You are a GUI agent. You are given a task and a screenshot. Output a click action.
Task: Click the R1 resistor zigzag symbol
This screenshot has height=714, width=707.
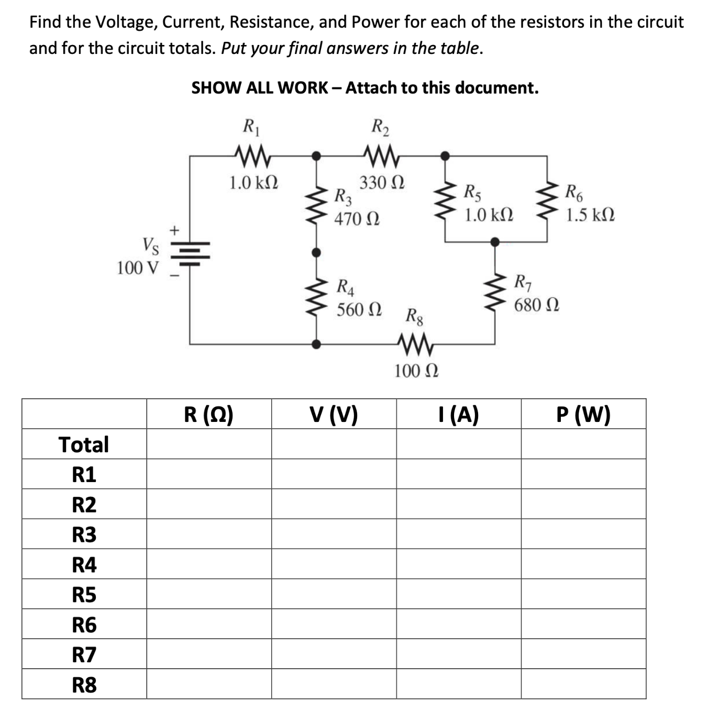253,155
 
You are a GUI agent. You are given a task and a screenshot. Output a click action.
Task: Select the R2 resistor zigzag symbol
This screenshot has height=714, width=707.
381,155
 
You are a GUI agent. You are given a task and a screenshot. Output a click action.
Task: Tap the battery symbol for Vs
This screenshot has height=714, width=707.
191,253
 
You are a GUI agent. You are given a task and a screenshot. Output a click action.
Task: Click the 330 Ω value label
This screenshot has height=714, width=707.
382,183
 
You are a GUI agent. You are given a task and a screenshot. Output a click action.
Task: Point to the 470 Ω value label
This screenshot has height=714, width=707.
357,218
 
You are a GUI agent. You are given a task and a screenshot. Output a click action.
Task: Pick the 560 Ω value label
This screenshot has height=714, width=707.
359,309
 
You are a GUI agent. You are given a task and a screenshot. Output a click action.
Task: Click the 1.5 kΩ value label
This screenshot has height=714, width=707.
590,215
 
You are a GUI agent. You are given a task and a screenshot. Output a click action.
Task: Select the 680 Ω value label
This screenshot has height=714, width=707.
536,305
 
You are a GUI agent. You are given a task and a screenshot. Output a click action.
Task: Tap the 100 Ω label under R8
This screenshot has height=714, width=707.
416,371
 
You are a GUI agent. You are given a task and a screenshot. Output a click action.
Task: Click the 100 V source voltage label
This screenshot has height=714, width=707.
137,268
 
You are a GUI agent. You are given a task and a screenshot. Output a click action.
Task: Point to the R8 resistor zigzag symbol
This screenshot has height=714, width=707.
416,344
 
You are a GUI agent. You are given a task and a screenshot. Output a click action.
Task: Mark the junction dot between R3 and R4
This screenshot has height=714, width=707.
316,252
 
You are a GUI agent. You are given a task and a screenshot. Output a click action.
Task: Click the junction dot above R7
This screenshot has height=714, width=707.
495,242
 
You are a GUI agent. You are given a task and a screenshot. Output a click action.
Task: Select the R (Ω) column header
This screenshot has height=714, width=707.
208,415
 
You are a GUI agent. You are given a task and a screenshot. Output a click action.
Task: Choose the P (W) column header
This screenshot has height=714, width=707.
583,415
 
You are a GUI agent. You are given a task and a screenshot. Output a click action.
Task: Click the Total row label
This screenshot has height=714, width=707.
84,444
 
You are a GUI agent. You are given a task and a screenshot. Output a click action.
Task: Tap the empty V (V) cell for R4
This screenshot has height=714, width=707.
334,564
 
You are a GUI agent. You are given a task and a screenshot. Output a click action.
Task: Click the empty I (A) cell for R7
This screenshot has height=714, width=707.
458,654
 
